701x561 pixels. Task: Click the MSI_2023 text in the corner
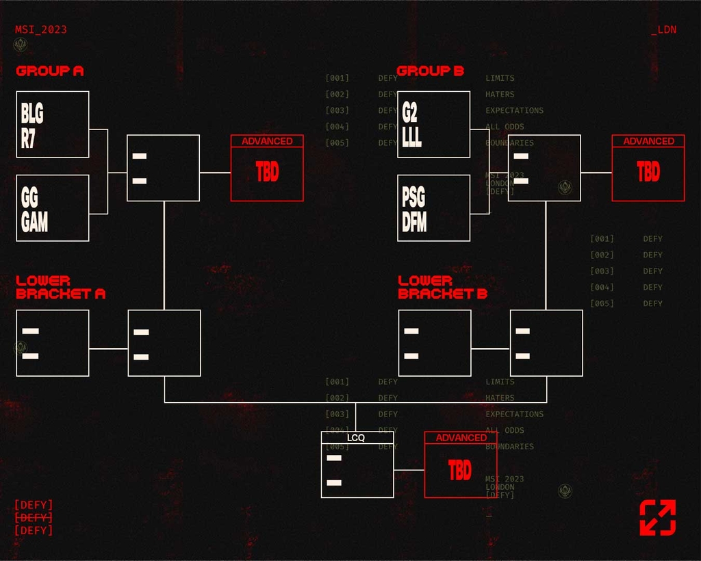[x=41, y=30]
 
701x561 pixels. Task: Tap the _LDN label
[x=663, y=30]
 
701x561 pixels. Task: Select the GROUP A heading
[x=50, y=71]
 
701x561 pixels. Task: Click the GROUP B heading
[x=431, y=71]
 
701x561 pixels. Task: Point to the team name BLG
[x=32, y=112]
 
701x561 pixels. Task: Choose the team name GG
[x=30, y=198]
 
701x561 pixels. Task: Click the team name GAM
[x=34, y=222]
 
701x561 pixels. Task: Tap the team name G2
[x=410, y=112]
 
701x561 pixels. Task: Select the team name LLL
[x=412, y=137]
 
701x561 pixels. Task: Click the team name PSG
[x=413, y=198]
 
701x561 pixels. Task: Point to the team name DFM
[x=415, y=222]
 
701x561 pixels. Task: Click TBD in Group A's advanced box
[x=267, y=172]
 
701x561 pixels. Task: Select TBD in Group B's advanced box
[x=648, y=172]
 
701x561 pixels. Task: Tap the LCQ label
[x=357, y=438]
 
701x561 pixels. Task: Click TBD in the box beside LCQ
[x=460, y=471]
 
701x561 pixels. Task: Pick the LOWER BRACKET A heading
[x=60, y=287]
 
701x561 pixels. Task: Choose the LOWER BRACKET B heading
[x=442, y=287]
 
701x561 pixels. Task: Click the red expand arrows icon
[x=658, y=518]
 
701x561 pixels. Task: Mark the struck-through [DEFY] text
[x=34, y=518]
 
